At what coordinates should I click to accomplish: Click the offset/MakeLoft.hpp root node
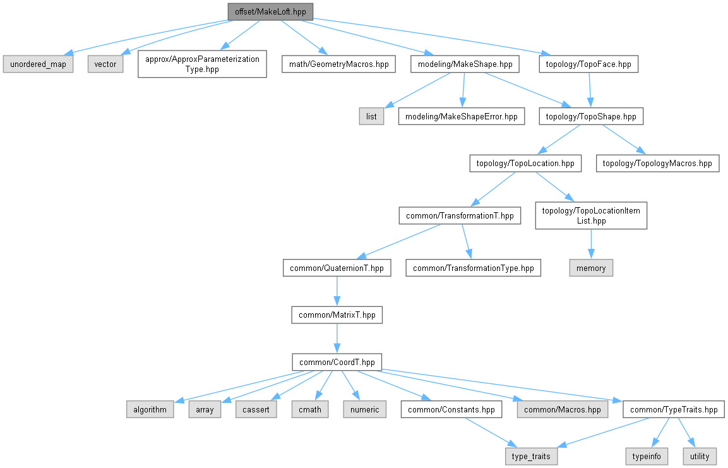tap(270, 11)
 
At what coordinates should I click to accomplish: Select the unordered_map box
tap(38, 64)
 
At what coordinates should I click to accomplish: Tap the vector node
tap(105, 64)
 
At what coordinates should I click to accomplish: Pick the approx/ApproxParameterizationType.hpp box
tap(202, 64)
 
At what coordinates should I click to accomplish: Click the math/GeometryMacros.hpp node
tap(338, 64)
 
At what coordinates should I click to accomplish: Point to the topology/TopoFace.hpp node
tap(588, 64)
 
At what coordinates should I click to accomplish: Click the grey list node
tap(371, 116)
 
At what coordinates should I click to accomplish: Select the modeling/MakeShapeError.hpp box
tap(461, 116)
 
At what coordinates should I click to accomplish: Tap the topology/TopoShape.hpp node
tap(591, 116)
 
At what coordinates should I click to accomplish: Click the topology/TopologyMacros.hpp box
tap(657, 163)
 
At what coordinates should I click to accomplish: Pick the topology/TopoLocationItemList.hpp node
tap(590, 215)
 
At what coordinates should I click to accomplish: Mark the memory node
tap(591, 268)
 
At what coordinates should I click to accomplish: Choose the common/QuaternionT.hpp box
tap(337, 268)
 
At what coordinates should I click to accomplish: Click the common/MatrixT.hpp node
tap(337, 315)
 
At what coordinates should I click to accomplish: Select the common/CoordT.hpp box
tap(337, 362)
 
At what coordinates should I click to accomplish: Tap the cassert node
tap(256, 409)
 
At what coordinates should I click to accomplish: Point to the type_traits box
tap(532, 456)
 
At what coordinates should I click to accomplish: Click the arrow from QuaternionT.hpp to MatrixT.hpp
tap(337, 291)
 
